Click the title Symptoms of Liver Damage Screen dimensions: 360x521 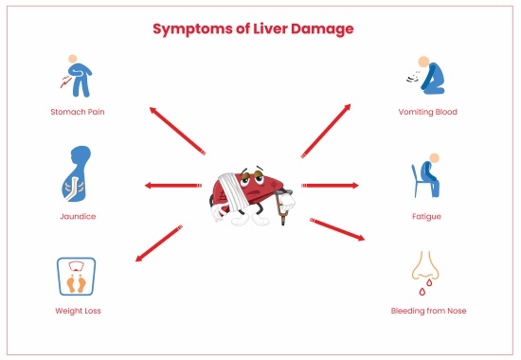coord(253,29)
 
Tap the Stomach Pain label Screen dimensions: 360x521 coord(79,112)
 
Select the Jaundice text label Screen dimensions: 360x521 coord(78,216)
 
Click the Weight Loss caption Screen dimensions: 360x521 coord(78,311)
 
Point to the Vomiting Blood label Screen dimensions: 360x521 coord(428,112)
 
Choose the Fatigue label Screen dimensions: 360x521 coord(427,216)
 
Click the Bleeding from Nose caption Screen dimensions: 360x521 coord(428,311)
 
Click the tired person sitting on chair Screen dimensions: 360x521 coord(427,174)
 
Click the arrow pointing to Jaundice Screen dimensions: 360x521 coord(172,186)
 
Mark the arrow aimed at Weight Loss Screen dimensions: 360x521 coord(158,242)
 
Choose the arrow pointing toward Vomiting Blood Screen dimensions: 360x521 coord(327,130)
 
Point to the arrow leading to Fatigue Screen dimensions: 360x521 coord(330,186)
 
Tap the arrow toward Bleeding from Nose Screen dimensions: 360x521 coord(337,230)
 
